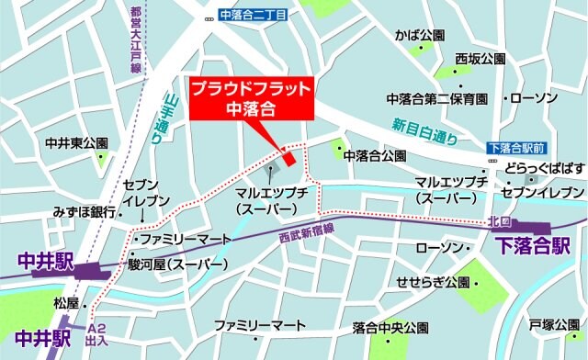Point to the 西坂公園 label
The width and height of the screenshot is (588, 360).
point(480,59)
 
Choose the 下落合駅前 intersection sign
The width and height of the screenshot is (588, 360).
point(517,147)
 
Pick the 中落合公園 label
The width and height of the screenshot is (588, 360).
point(375,156)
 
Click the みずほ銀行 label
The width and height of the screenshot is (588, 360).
point(84,212)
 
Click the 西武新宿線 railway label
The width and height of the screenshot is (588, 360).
point(310,238)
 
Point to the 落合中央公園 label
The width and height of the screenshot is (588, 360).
point(390,328)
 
